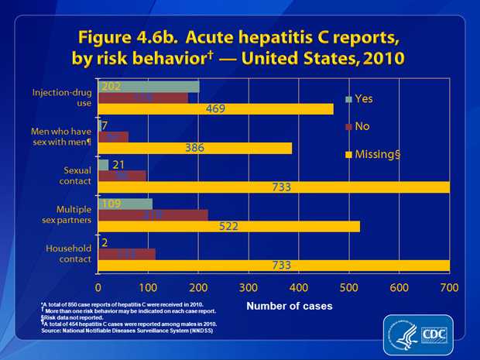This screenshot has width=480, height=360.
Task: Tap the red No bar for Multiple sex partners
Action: [153, 214]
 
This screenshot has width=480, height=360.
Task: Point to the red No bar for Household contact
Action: [127, 253]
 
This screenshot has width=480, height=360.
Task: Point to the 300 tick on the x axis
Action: [249, 287]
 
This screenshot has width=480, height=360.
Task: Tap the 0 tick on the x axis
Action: [99, 287]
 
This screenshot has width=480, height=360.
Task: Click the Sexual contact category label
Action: [72, 175]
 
